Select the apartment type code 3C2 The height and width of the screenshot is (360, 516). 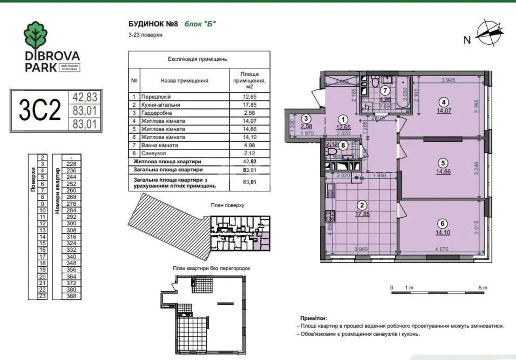point(40,111)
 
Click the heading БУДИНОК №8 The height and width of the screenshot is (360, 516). point(153,24)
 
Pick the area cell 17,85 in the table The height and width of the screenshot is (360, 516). point(250,104)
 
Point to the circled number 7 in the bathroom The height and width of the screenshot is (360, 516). point(385,91)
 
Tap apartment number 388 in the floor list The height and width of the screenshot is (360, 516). point(71,296)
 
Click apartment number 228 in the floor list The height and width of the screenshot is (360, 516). point(71,164)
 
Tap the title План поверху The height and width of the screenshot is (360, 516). point(227,205)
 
